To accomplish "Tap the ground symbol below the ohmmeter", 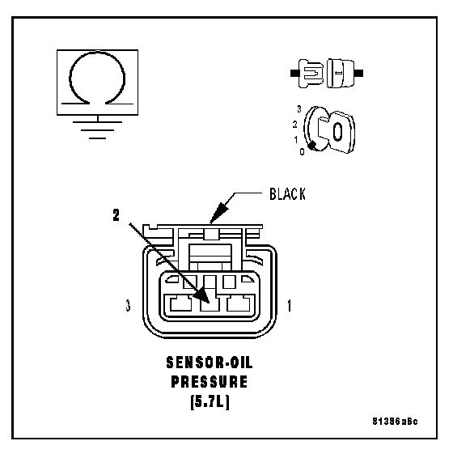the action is (97, 129).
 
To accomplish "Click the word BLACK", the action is (287, 194).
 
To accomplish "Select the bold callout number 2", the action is (116, 215).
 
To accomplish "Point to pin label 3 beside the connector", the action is (128, 306).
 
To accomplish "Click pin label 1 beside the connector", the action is (289, 306).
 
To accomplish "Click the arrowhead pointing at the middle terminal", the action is (201, 295).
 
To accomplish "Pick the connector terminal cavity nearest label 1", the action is (239, 303).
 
